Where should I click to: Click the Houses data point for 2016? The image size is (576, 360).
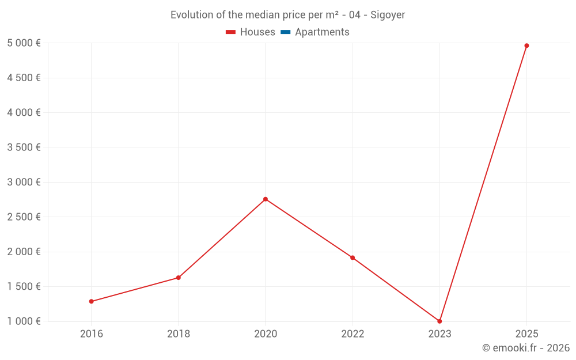91,301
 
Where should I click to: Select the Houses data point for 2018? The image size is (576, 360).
179,278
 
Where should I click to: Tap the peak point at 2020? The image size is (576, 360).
266,199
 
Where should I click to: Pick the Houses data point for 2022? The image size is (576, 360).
353,257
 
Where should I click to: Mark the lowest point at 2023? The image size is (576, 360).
439,321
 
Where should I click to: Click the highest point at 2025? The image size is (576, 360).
526,46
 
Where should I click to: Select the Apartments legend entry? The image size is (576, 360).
322,32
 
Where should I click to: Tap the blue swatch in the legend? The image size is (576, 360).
285,32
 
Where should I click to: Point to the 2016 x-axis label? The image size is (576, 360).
92,334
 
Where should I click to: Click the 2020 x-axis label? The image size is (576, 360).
266,334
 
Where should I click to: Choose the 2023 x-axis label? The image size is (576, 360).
439,334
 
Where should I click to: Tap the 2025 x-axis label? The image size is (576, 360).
526,334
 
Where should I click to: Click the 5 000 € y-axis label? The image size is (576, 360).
24,43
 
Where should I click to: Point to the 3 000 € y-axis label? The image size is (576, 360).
24,182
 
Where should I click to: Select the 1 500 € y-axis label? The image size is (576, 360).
24,286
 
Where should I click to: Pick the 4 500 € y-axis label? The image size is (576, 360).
24,78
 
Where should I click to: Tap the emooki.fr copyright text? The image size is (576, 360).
526,348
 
